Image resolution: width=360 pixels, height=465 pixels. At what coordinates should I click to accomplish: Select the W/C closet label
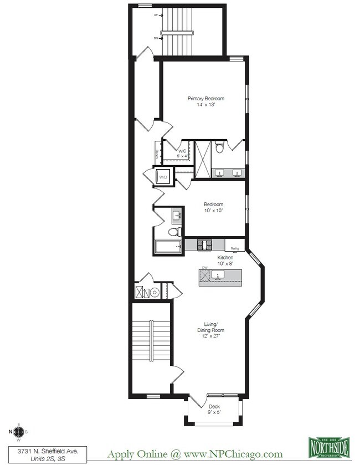pos(182,153)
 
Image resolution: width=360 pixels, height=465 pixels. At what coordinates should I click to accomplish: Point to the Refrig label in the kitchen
pos(234,249)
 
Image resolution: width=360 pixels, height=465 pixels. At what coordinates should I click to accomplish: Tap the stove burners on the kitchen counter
pos(204,244)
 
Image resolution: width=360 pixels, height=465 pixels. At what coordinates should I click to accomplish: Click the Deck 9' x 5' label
pos(214,409)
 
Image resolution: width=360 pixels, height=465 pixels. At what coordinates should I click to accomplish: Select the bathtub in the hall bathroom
pos(168,246)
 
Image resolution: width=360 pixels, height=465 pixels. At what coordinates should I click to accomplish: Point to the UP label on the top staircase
pos(157,16)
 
